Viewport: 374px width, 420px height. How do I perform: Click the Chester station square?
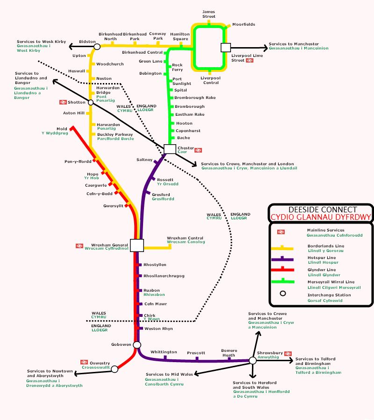click(x=170, y=149)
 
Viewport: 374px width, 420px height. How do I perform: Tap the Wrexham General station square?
click(x=137, y=245)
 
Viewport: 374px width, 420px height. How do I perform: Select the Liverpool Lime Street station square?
click(x=226, y=47)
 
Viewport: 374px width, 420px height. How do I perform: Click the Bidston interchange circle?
click(x=97, y=47)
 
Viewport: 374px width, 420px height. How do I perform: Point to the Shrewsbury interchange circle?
click(x=252, y=360)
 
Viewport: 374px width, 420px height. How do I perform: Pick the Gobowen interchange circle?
click(x=137, y=345)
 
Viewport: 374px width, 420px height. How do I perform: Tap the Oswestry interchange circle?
click(x=115, y=369)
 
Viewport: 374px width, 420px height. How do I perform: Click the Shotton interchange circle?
click(x=91, y=103)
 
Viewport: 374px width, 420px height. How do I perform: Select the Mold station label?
click(x=62, y=128)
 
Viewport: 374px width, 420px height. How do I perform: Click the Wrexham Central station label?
click(x=185, y=238)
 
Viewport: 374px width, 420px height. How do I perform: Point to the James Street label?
click(x=209, y=14)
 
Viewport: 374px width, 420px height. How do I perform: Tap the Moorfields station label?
click(x=244, y=24)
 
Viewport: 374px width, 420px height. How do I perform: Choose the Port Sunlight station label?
click(x=181, y=81)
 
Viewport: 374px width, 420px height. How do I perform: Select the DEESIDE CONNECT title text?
click(x=322, y=210)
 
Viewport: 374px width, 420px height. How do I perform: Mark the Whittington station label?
click(x=164, y=352)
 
